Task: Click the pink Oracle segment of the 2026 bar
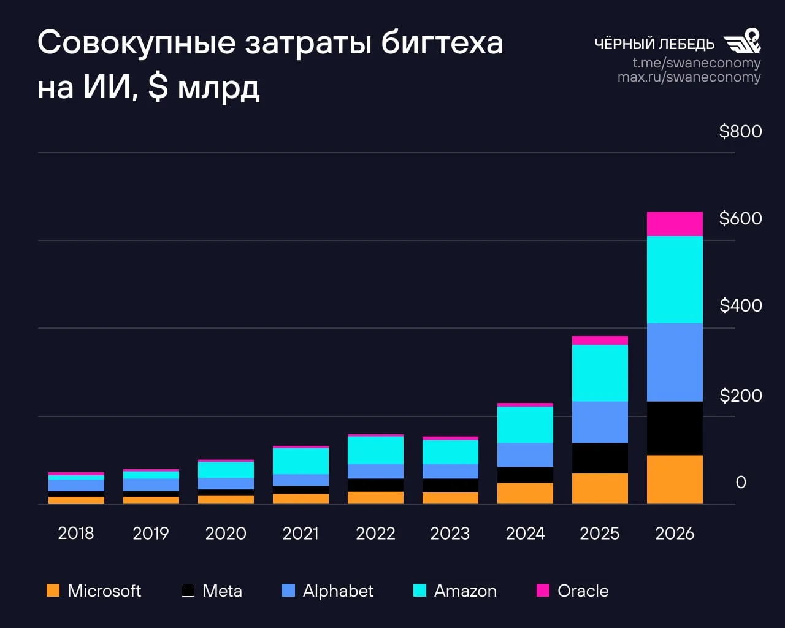675,224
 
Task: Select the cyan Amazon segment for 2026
675,280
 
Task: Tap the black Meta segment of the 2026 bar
675,428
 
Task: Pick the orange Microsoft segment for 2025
600,488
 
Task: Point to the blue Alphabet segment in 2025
600,422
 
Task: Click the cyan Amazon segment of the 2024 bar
525,424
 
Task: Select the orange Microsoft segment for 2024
525,493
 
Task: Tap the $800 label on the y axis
740,131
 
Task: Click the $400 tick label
740,305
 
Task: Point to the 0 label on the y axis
741,482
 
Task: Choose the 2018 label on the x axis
76,533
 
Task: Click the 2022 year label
375,533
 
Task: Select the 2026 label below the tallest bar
675,533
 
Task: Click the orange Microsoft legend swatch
53,591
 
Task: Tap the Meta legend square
188,591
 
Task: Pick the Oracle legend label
583,591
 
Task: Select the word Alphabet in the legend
338,591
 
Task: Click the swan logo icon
743,41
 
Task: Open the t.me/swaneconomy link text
697,63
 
